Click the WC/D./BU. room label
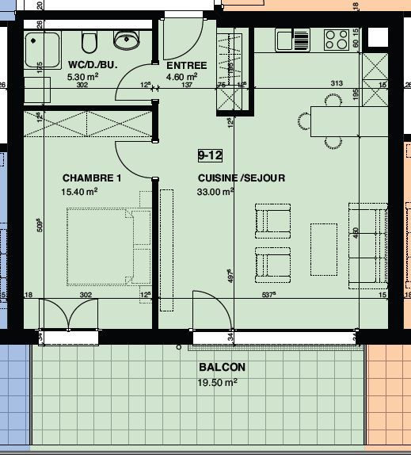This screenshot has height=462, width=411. pos(93,64)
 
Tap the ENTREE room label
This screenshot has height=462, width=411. pos(185,64)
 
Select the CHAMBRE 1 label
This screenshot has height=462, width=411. pos(92,178)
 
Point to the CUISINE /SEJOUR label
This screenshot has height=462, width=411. pos(241,178)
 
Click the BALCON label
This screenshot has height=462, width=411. pos(222,368)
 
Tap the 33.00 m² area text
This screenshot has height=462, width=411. pos(215,191)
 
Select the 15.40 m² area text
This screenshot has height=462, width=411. pos(79,191)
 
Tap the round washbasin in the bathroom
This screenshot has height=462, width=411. pos(124,39)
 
